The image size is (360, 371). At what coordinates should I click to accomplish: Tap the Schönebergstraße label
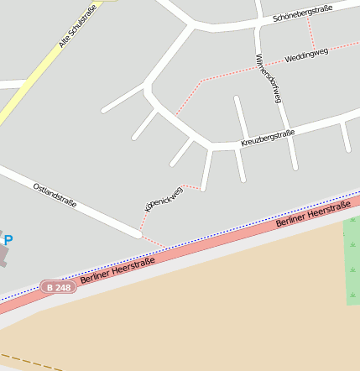coord(303,12)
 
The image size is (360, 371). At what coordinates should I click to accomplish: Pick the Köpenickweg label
coord(163,197)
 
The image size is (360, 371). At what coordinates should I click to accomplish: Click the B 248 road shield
coord(58,287)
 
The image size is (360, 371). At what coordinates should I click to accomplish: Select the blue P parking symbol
coord(8,240)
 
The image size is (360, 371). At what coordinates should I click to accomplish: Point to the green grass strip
coord(352,260)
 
